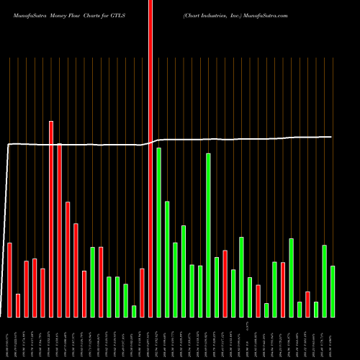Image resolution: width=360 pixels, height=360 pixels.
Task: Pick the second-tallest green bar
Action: tap(208, 235)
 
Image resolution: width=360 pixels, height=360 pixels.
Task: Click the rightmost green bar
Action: tap(333, 291)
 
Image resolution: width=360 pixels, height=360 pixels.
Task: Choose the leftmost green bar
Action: tap(93, 282)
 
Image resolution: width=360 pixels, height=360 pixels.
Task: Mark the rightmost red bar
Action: tap(307, 304)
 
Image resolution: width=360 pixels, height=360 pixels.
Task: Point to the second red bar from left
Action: tap(18, 305)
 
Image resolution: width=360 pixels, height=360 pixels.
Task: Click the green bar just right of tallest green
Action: tap(167, 259)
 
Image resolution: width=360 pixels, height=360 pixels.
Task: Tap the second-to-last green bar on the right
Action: tap(325, 281)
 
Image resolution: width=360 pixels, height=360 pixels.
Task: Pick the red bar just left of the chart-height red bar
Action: tap(143, 292)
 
